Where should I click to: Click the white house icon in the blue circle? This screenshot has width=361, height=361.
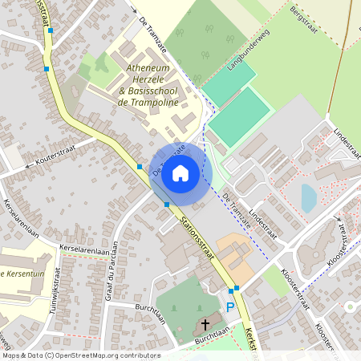pos(180,172)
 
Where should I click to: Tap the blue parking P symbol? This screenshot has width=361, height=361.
pos(230,306)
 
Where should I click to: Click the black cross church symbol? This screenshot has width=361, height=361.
pos(205,325)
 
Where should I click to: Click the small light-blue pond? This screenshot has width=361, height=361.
pos(309,197)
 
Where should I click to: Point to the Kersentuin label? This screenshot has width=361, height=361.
pos(18,273)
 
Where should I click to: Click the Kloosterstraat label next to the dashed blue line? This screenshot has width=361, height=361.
pos(295,288)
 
